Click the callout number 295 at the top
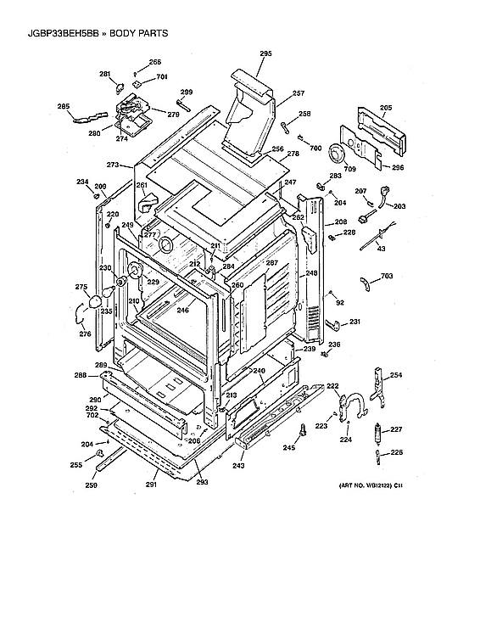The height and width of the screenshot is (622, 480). coord(265,54)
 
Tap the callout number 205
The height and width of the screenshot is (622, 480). coord(386,108)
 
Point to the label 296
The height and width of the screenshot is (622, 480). coord(398,167)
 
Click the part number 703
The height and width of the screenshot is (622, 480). coord(386,277)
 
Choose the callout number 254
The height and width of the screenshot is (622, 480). coord(396,375)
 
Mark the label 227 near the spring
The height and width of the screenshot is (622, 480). coord(396,429)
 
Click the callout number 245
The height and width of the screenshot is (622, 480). coord(288,447)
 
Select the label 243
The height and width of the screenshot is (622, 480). coord(238,466)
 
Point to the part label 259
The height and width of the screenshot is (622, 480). coord(91,484)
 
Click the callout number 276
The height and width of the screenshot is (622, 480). coord(85,333)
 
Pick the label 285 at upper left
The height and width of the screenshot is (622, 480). coord(64,106)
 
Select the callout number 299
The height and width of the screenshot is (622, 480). coord(186,92)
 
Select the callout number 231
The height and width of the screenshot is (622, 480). coord(354,322)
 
